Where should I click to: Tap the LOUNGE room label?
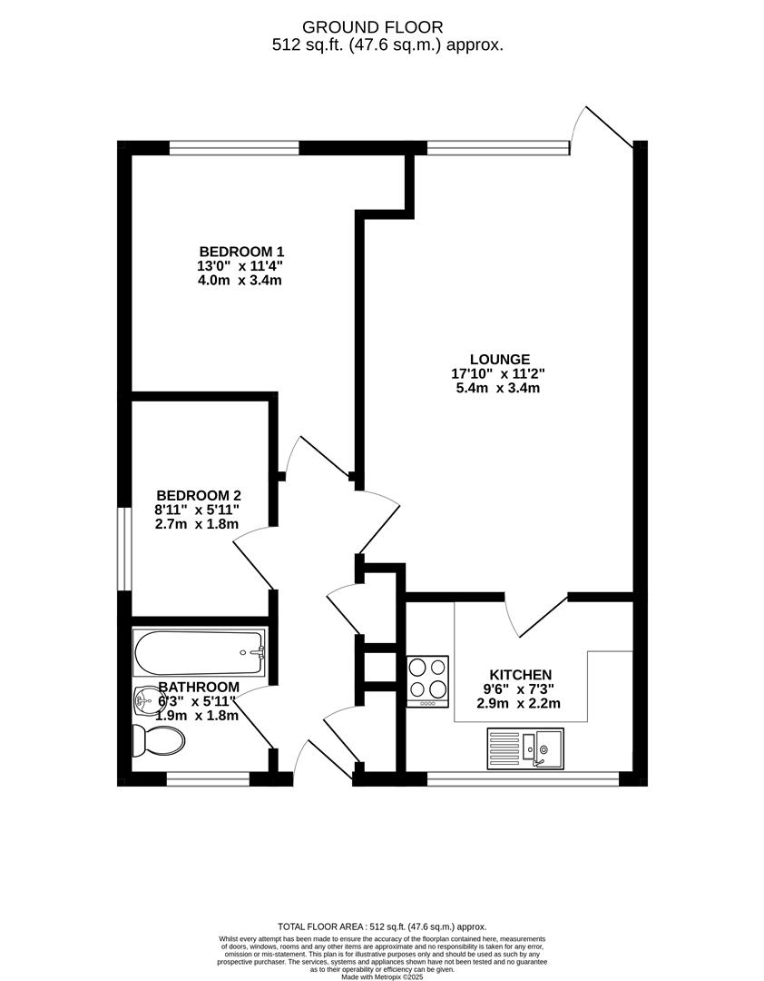499,359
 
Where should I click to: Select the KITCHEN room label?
521,675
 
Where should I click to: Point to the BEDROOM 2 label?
198,495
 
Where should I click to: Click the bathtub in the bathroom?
200,652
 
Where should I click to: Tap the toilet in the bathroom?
159,739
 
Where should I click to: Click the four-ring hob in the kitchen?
428,680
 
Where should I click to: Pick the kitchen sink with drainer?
525,748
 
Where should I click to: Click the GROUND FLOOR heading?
387,27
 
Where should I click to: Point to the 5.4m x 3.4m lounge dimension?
498,388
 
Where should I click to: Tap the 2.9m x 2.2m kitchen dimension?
520,704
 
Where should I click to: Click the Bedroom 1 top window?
234,147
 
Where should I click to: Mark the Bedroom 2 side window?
126,549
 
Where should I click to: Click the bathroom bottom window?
208,778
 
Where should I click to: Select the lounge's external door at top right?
606,127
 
